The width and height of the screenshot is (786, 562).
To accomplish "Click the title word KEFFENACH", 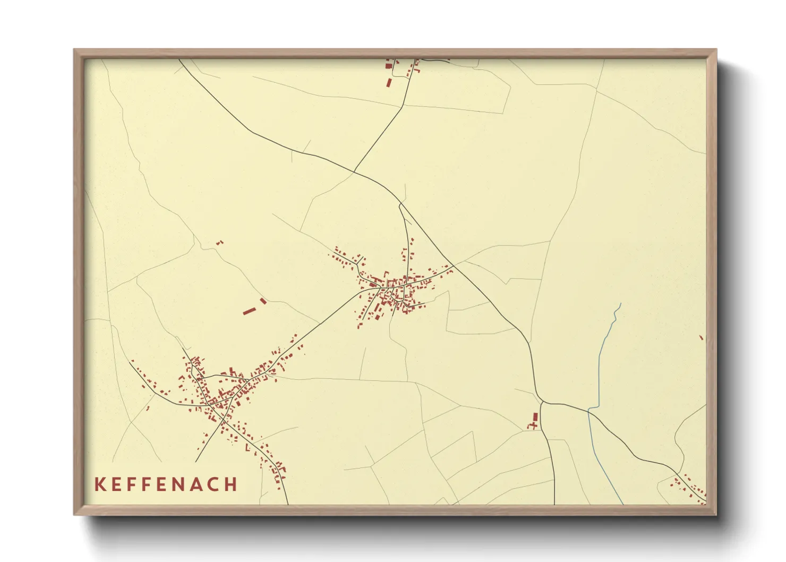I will (x=166, y=484).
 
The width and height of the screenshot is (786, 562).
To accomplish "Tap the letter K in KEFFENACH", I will (x=99, y=484).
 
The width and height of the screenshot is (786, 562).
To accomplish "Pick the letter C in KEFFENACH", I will (x=215, y=484).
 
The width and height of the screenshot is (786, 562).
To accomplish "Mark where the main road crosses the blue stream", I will (x=588, y=411).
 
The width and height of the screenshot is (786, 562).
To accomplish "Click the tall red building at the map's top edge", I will (x=389, y=83).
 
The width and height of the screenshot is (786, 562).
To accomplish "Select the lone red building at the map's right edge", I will (x=701, y=337).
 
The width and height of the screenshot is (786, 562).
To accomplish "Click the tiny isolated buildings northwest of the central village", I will (x=219, y=243).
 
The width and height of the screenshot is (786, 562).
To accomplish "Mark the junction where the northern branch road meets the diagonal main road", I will (x=354, y=172).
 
